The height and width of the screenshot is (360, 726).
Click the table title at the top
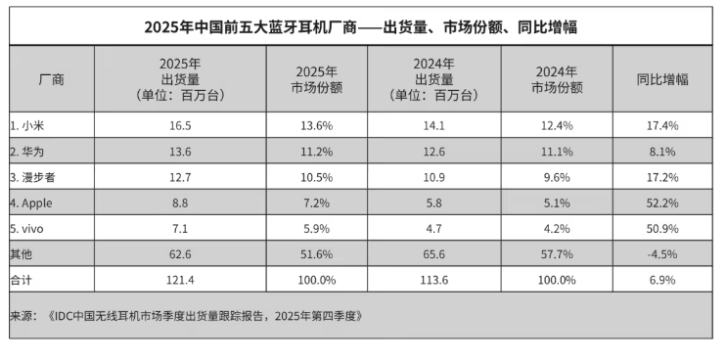361,26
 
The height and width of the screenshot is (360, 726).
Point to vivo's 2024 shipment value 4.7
432,227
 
